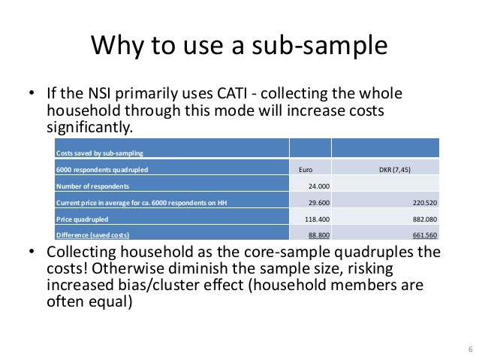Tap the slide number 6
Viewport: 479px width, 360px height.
[469, 349]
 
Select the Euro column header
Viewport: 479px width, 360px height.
[305, 169]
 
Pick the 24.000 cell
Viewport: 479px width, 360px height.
[318, 186]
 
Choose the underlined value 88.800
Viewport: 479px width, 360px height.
[318, 235]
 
